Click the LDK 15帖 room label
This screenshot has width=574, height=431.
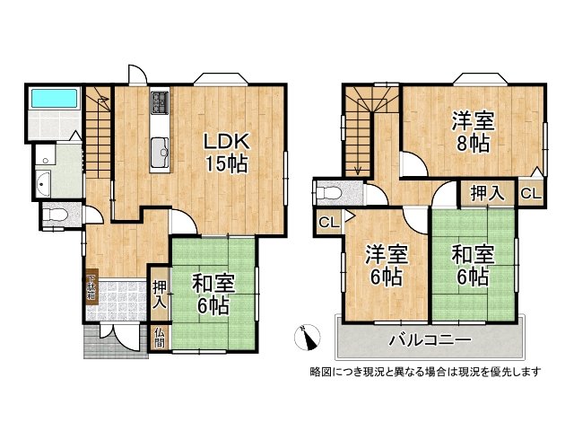[224, 153]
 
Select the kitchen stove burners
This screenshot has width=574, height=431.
[160, 103]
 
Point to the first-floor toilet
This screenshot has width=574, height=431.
[52, 215]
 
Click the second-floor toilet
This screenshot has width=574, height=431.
[329, 192]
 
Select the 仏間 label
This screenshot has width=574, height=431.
[159, 338]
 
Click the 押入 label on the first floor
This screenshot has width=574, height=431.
[159, 294]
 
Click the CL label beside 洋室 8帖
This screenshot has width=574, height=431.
[531, 193]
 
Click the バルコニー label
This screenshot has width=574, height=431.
[430, 340]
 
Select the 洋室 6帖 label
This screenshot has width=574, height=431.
[386, 267]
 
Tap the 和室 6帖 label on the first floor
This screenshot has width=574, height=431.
[213, 295]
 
